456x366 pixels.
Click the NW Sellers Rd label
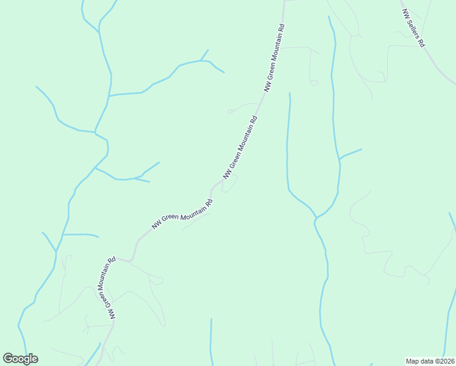(x=413, y=29)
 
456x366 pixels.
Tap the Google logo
(x=21, y=359)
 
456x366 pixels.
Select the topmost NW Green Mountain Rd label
(x=274, y=58)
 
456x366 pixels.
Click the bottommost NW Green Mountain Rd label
(x=105, y=289)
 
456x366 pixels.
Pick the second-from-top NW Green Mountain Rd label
(x=241, y=145)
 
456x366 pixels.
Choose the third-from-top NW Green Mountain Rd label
(x=182, y=214)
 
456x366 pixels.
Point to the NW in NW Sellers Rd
(x=405, y=13)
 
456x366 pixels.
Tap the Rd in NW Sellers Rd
(x=421, y=43)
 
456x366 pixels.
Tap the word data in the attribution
(x=427, y=361)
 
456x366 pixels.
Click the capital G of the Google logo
(x=9, y=359)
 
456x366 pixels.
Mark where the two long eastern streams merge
(x=316, y=217)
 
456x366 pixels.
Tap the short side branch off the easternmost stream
(x=351, y=153)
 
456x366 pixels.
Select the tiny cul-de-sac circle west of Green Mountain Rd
(x=229, y=112)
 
